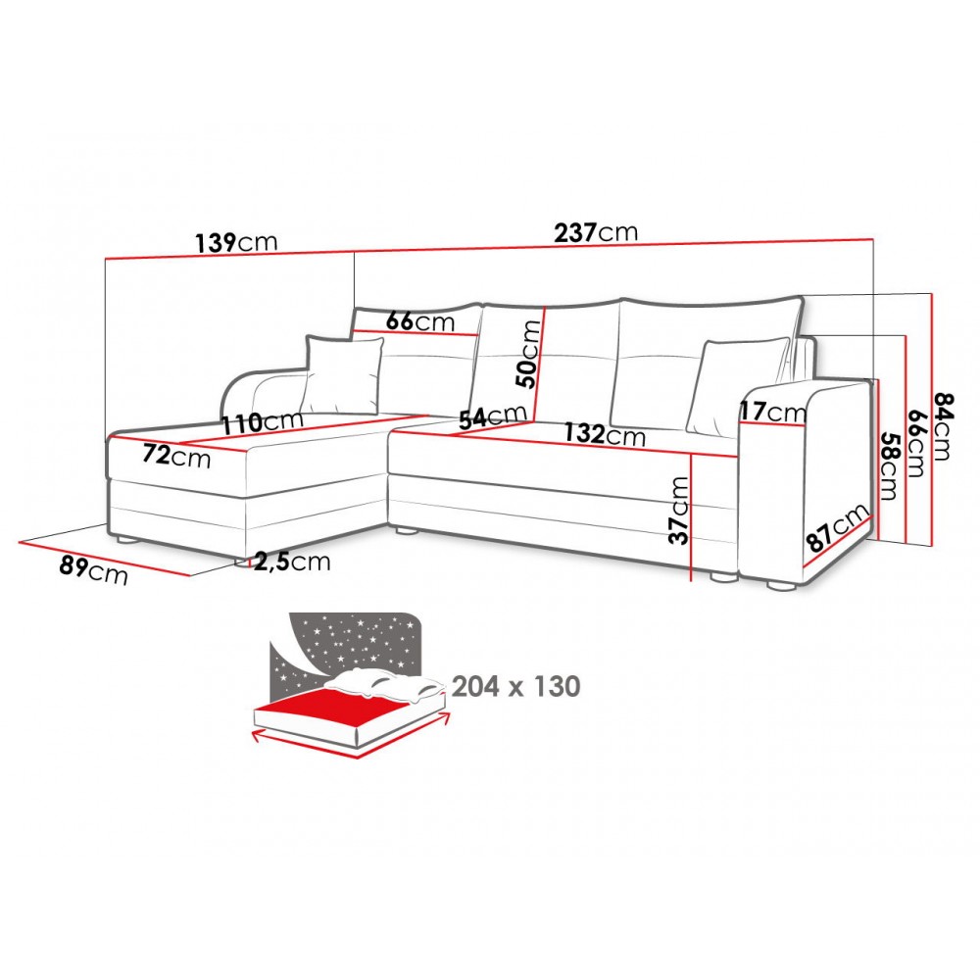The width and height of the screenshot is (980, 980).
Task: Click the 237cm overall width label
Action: (x=596, y=232)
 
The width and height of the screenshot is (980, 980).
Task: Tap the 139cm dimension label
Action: (x=235, y=242)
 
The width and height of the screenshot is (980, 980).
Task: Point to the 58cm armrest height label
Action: (x=888, y=465)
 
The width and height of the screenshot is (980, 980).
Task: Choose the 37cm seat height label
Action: (x=679, y=510)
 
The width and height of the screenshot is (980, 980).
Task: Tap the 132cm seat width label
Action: (x=605, y=433)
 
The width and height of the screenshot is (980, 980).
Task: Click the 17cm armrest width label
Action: (x=773, y=412)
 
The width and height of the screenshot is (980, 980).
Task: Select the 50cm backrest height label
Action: (x=530, y=354)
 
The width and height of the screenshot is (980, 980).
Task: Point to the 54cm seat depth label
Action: (x=493, y=416)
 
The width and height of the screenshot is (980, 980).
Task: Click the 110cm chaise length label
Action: (x=263, y=422)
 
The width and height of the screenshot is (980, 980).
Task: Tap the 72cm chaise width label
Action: (x=176, y=456)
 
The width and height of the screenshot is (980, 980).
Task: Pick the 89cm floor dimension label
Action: (x=94, y=569)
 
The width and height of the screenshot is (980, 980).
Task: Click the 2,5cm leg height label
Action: (x=292, y=562)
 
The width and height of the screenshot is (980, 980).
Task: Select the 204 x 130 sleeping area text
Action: (x=516, y=686)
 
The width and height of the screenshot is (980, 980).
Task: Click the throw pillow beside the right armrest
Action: (x=738, y=385)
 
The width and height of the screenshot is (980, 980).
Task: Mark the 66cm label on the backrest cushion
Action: (x=420, y=321)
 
